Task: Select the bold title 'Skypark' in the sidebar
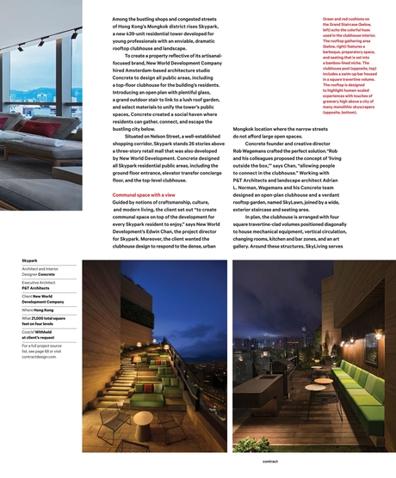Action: pyautogui.click(x=29, y=259)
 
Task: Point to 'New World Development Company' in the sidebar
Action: pyautogui.click(x=43, y=300)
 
